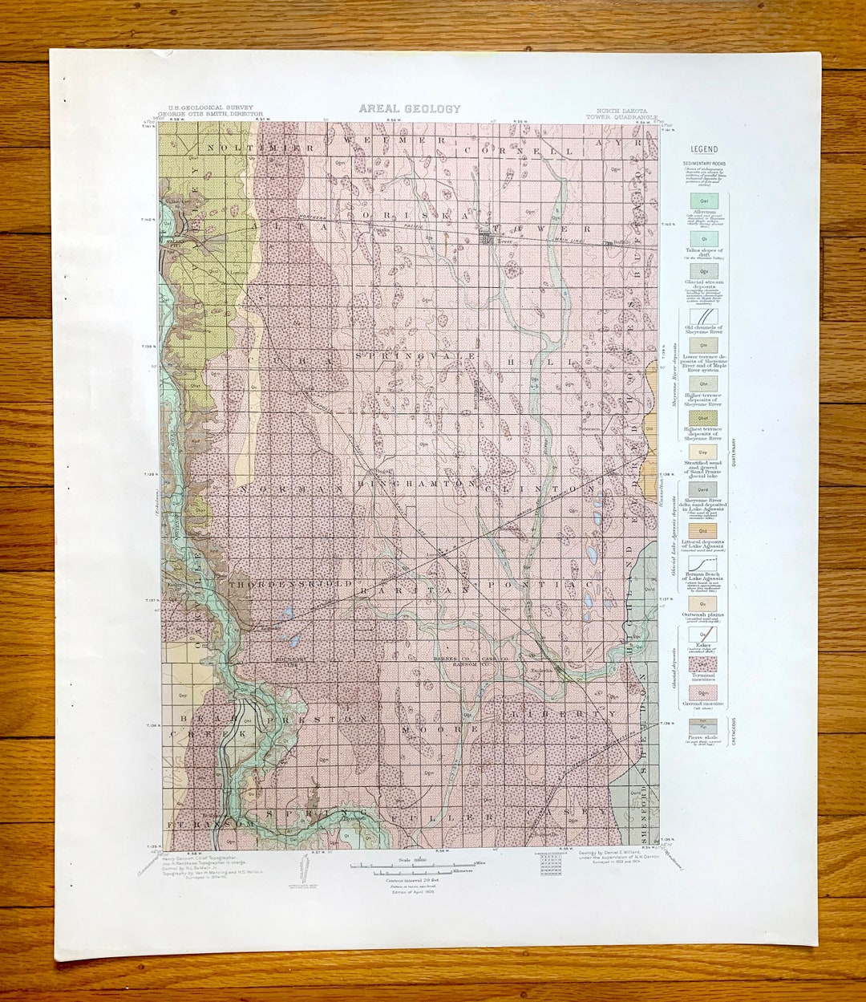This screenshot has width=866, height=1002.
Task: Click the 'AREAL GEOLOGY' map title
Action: [410, 109]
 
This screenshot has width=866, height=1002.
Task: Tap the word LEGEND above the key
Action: [704, 149]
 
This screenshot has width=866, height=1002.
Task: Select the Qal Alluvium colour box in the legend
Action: [704, 201]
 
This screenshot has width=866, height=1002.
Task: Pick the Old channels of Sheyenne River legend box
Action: [704, 316]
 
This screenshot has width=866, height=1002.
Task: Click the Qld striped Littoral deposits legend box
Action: [703, 530]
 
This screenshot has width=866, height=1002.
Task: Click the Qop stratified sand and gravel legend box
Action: [703, 452]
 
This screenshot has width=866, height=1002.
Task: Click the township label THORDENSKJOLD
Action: [290, 585]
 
